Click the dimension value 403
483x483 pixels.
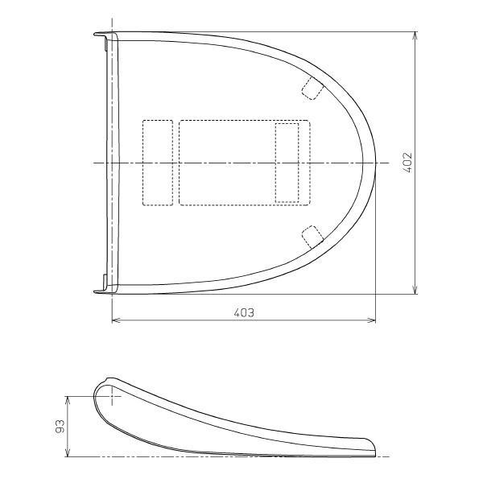[x=244, y=312]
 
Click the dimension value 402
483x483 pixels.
[x=407, y=163]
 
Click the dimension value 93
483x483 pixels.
[x=60, y=427]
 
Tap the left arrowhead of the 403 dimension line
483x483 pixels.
[x=116, y=320]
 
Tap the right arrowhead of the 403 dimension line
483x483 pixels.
[x=371, y=320]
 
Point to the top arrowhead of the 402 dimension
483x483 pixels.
[x=415, y=36]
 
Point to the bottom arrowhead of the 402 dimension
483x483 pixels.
[x=415, y=290]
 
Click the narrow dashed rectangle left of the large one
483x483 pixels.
[x=158, y=163]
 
